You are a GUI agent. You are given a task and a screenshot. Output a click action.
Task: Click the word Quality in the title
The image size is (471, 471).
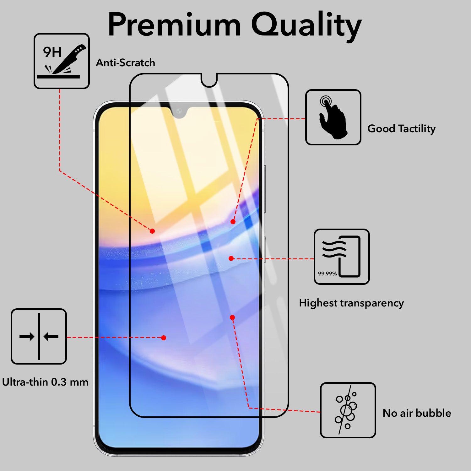click(306, 25)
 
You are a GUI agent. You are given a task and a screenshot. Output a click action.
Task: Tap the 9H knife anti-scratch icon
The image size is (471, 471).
click(62, 61)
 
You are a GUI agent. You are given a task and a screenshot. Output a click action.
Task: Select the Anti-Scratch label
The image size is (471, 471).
click(125, 63)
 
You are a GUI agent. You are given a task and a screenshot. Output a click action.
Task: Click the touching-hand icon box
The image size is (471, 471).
click(333, 117)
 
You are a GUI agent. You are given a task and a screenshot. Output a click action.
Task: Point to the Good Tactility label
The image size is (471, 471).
click(401, 128)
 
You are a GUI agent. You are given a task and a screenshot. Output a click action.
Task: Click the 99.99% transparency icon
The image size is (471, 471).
click(342, 257)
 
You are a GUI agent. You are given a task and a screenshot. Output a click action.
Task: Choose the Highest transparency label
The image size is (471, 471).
click(351, 303)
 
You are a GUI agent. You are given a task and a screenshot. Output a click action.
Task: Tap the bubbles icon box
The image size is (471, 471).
click(348, 410)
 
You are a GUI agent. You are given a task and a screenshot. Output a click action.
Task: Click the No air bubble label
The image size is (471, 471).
click(417, 413)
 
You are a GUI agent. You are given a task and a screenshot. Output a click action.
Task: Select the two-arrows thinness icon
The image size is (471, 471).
click(39, 337)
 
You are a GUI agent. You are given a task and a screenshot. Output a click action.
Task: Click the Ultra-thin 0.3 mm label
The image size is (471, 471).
click(45, 382)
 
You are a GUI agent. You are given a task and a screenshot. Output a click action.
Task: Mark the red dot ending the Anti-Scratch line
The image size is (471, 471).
click(152, 231)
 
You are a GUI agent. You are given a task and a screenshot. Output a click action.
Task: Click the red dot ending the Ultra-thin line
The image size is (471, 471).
click(164, 338)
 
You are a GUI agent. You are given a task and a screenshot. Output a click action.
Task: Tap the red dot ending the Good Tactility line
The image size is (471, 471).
click(233, 222)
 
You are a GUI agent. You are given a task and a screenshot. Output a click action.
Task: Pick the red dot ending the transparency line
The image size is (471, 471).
click(231, 258)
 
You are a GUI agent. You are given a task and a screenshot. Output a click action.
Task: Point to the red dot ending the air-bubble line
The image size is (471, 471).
click(232, 317)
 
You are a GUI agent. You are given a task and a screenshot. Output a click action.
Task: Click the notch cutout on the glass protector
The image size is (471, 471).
click(209, 81)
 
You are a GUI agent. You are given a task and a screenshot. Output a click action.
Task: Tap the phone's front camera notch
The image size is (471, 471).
click(179, 111)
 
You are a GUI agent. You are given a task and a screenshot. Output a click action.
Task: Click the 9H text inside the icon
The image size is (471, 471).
click(52, 52)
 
